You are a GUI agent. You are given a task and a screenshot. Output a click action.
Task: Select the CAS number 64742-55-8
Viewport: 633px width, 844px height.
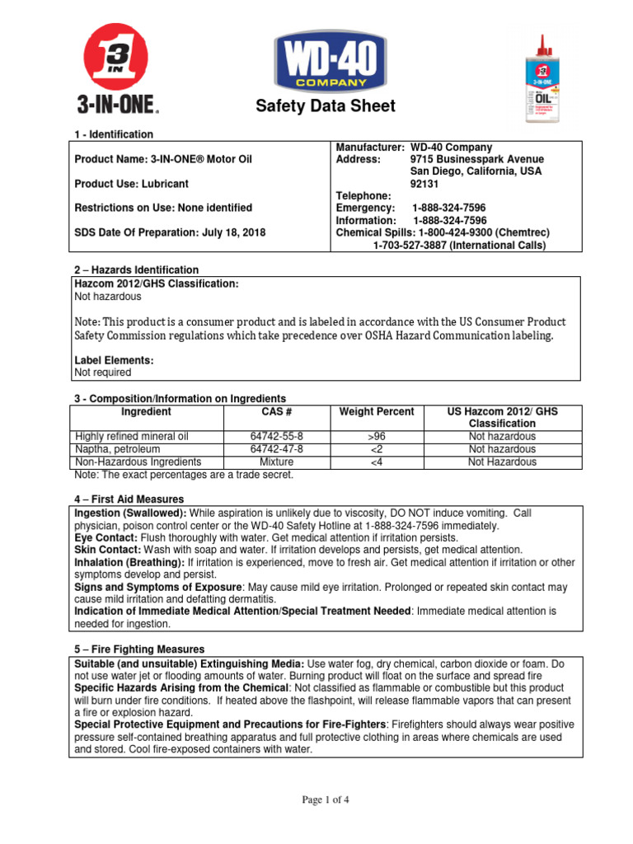click(x=276, y=436)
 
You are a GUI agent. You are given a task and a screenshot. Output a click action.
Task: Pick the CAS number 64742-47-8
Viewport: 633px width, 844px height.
click(x=276, y=449)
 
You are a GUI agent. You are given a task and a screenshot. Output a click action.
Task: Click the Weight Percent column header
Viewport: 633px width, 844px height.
click(x=377, y=411)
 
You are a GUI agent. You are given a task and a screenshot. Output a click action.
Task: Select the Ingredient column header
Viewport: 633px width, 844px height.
click(x=146, y=411)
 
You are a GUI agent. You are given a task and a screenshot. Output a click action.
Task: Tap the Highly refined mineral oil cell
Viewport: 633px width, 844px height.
click(x=132, y=436)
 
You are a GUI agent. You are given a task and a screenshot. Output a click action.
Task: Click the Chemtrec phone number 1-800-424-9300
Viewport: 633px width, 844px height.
click(x=466, y=233)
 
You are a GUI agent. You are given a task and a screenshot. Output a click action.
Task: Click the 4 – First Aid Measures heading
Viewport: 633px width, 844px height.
click(x=129, y=499)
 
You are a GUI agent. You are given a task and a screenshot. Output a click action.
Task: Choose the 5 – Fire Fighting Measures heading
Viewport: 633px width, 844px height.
click(x=139, y=649)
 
